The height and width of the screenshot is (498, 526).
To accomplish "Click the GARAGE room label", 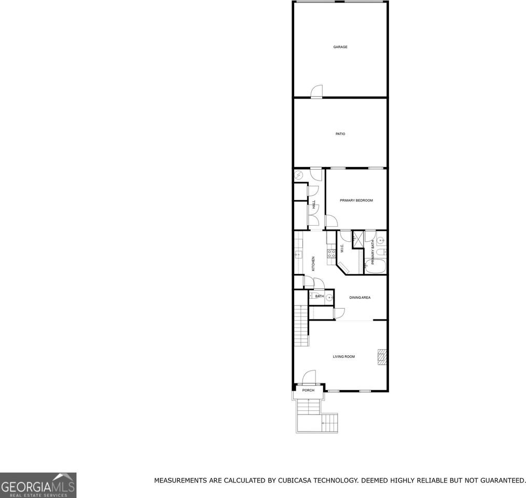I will click(x=340, y=47).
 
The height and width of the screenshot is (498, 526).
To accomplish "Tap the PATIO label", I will click(x=340, y=134).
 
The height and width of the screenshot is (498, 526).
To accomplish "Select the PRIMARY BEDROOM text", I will click(x=356, y=200).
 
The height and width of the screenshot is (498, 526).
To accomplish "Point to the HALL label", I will click(x=314, y=205).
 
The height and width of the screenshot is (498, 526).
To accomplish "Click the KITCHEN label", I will click(x=313, y=264).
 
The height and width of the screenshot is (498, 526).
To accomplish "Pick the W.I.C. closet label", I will click(x=342, y=248).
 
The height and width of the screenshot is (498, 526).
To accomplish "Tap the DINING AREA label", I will click(x=359, y=297).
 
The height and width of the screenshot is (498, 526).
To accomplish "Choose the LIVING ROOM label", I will click(x=344, y=356).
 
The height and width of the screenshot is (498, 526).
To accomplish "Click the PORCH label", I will click(x=309, y=390).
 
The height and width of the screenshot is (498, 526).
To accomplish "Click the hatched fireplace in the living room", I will click(x=382, y=357).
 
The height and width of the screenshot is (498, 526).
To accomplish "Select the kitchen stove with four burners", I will click(x=331, y=254).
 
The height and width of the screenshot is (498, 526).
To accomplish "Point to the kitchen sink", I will click(x=298, y=255).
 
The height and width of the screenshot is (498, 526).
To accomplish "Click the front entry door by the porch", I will click(x=309, y=377).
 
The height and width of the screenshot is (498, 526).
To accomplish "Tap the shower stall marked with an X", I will click(x=358, y=239).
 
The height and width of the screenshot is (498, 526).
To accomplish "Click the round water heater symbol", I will click(x=299, y=175).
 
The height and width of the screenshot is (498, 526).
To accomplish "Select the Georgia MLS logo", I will click(x=38, y=485).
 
